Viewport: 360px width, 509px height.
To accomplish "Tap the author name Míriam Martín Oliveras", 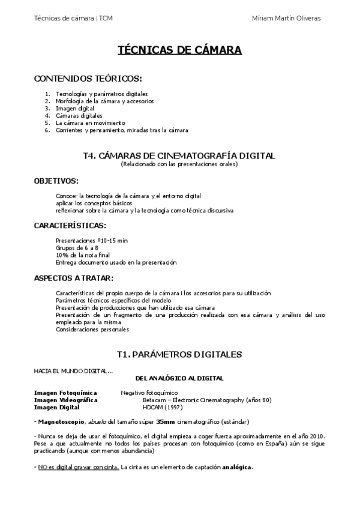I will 287,18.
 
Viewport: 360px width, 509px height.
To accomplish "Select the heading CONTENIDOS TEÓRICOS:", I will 88,79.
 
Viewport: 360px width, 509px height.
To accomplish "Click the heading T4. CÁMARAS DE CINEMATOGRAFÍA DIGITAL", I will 179,155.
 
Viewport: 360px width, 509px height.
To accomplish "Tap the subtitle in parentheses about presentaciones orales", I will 179,164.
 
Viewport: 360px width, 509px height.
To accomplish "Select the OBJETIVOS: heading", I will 56,180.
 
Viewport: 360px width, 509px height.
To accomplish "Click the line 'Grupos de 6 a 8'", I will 77,247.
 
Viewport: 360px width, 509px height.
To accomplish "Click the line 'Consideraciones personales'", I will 92,329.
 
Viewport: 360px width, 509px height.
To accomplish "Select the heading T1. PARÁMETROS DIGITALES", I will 179,354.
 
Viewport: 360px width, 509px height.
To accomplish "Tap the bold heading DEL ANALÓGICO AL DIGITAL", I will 180,378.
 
